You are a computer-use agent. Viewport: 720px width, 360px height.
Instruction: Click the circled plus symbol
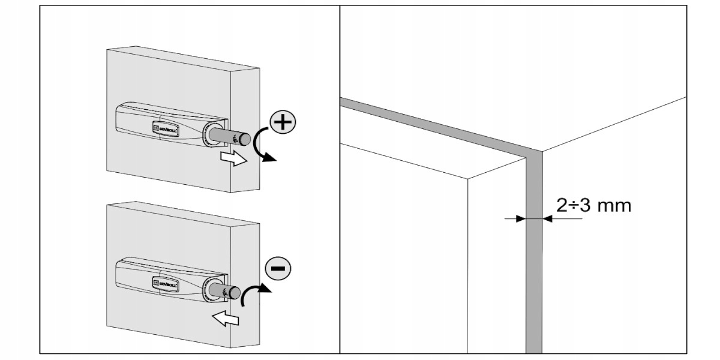click(283, 124)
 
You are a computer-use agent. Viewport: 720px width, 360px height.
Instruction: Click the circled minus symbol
click(277, 268)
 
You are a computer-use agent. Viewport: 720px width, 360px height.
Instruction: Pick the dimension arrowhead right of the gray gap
click(548, 219)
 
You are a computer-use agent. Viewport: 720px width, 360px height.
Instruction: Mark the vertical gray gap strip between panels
click(534, 270)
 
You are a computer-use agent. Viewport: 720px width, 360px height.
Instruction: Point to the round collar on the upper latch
click(211, 133)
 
